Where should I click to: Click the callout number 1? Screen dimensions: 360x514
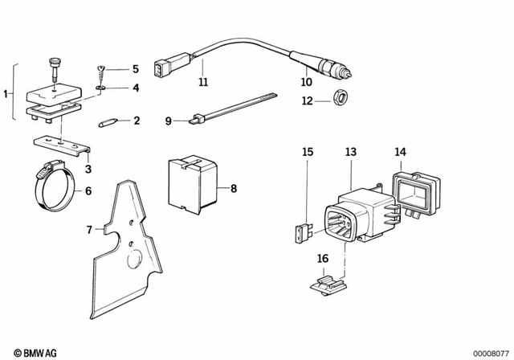pos(7,94)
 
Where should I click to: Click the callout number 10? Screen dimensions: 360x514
pos(304,81)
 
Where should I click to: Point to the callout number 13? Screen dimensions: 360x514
pos(350,151)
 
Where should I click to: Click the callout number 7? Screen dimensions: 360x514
pos(89,229)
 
